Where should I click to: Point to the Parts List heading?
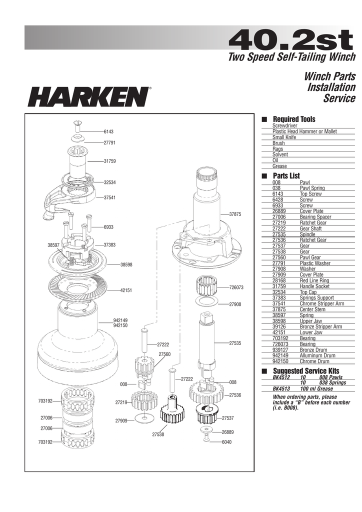click(286, 176)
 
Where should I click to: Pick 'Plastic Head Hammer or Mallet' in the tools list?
click(304, 131)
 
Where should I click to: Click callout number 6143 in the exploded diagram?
click(108, 131)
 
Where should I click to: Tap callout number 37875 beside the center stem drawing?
click(235, 214)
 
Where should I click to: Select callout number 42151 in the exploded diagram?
click(125, 290)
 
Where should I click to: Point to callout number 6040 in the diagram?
click(228, 441)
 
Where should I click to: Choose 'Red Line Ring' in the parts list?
click(314, 281)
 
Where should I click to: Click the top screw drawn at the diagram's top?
click(77, 123)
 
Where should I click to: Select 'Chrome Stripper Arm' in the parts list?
click(321, 303)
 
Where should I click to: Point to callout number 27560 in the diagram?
click(164, 354)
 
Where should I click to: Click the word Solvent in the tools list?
click(280, 154)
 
